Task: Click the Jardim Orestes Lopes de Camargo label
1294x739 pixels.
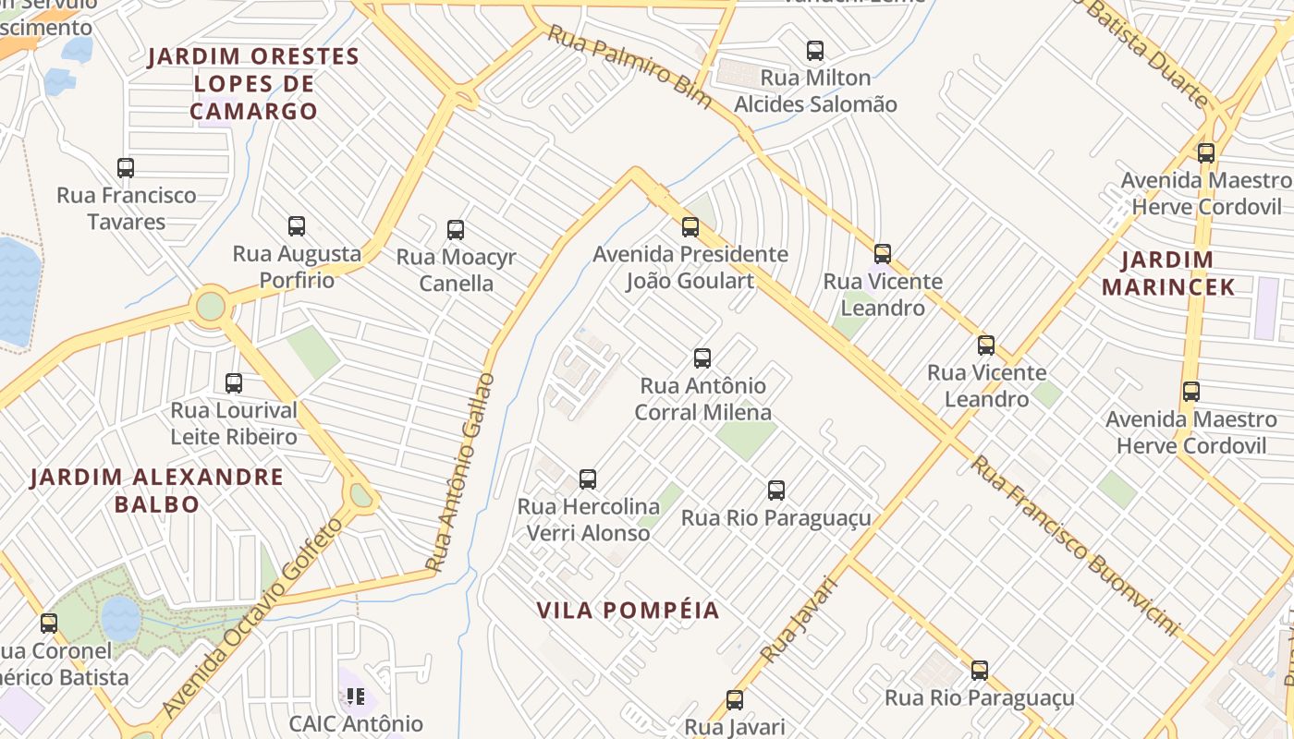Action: (x=253, y=84)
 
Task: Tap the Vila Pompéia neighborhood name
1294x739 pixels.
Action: (x=628, y=610)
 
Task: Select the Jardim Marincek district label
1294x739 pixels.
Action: (x=1168, y=273)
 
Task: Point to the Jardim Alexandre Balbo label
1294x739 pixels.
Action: (x=157, y=491)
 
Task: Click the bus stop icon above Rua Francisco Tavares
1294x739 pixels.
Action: (x=126, y=168)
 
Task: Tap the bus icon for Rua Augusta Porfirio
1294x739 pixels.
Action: (x=296, y=226)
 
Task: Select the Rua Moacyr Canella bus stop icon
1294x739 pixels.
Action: (x=455, y=230)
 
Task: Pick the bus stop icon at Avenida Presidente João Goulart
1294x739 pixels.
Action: (x=690, y=227)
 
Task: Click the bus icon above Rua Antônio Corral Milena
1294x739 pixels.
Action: (x=702, y=358)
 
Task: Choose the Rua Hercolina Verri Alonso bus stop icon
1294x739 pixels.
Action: (x=587, y=479)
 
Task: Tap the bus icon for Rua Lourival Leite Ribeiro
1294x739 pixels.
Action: (x=233, y=383)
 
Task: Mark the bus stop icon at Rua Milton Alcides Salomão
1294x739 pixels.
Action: (x=814, y=51)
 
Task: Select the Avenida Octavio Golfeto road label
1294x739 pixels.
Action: (x=251, y=617)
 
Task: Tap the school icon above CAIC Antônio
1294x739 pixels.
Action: (x=356, y=696)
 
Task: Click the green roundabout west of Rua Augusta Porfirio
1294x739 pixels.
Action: (x=211, y=305)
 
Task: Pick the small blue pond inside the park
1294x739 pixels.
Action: (x=120, y=617)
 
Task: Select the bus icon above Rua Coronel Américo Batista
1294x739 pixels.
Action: (x=48, y=624)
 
